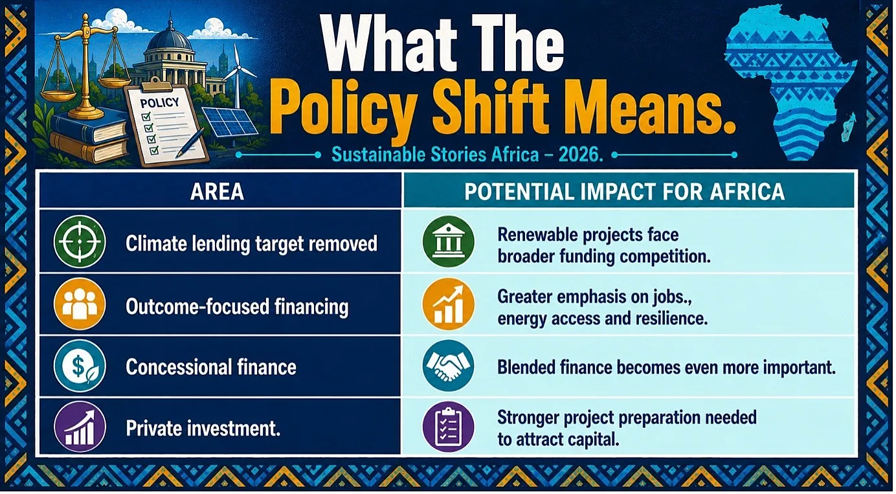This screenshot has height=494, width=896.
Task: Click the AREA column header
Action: tap(217, 191)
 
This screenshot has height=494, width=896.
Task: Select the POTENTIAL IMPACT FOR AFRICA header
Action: tap(624, 191)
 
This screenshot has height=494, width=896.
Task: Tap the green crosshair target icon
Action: tap(80, 241)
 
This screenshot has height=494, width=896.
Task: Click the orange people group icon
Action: tap(80, 304)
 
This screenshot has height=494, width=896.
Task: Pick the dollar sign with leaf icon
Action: tap(80, 366)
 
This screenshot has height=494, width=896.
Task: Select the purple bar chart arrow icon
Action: tap(80, 427)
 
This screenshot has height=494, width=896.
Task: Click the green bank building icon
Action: tap(448, 241)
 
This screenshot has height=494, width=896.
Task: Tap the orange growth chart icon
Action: tap(448, 304)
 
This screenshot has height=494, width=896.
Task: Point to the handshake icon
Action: tap(448, 366)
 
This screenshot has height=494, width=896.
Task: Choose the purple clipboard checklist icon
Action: tap(448, 427)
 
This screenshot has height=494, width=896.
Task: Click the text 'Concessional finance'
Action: tap(211, 367)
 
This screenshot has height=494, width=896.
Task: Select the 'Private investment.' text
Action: tap(203, 429)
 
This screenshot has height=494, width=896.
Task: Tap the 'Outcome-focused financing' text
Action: tap(237, 307)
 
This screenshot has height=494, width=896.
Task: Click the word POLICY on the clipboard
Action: tap(160, 103)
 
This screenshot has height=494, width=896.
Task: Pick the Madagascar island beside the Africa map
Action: tap(848, 126)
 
